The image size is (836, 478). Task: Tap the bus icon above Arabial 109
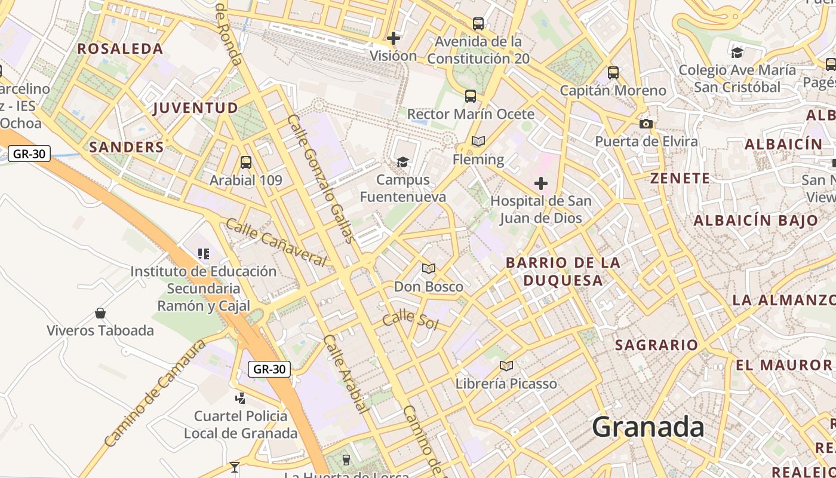click(245, 162)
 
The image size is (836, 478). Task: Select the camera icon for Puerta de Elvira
click(646, 124)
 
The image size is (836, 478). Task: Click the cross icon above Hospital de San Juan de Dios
click(541, 183)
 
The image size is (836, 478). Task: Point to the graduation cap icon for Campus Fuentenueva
click(403, 162)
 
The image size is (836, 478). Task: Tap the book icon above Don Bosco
click(429, 268)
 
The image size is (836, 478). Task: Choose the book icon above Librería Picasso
click(506, 366)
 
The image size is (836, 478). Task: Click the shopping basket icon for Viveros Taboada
click(100, 313)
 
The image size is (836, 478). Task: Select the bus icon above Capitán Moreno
click(613, 73)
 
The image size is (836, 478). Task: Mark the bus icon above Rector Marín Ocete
click(471, 96)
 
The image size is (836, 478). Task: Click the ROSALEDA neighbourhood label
click(120, 49)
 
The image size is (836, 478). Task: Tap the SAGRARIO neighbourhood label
click(656, 345)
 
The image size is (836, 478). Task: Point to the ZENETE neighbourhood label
click(680, 178)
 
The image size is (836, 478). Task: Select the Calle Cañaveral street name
click(276, 242)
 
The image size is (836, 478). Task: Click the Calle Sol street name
click(410, 320)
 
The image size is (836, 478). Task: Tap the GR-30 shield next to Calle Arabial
click(269, 369)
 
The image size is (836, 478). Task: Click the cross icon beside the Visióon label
click(394, 39)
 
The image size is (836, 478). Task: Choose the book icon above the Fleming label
click(478, 142)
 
